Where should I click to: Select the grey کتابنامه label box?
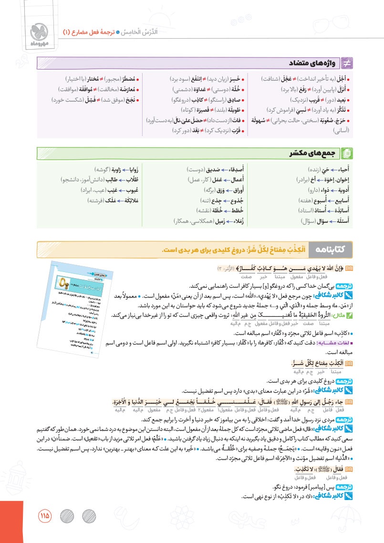(x=330, y=248)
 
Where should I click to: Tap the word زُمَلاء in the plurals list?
(x=248, y=221)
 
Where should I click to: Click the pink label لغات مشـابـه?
(x=333, y=342)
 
